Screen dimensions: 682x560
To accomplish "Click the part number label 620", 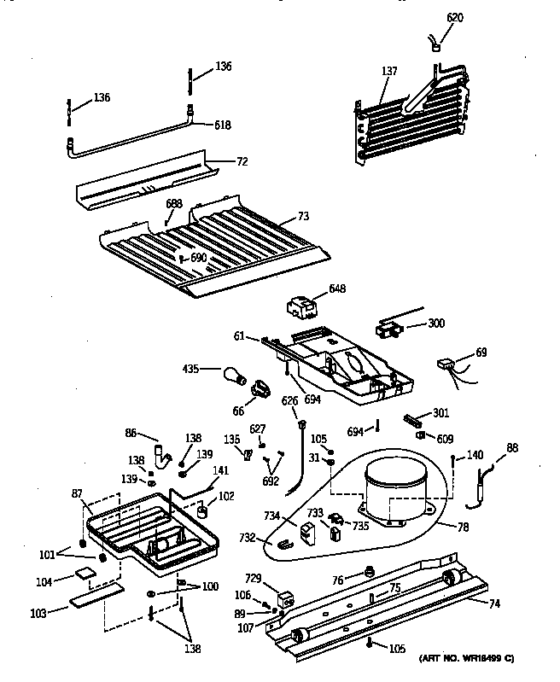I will pyautogui.click(x=455, y=16).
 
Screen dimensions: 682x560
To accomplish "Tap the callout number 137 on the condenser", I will pyautogui.click(x=388, y=71).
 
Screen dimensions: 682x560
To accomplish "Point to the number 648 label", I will pyautogui.click(x=337, y=289).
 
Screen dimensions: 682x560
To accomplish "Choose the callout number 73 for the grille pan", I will pyautogui.click(x=304, y=219).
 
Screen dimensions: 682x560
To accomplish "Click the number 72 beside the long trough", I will pyautogui.click(x=242, y=160).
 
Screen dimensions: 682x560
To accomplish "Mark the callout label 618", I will pyautogui.click(x=223, y=124).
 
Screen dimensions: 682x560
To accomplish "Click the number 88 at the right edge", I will pyautogui.click(x=511, y=448).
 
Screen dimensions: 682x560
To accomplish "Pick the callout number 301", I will pyautogui.click(x=440, y=413).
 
